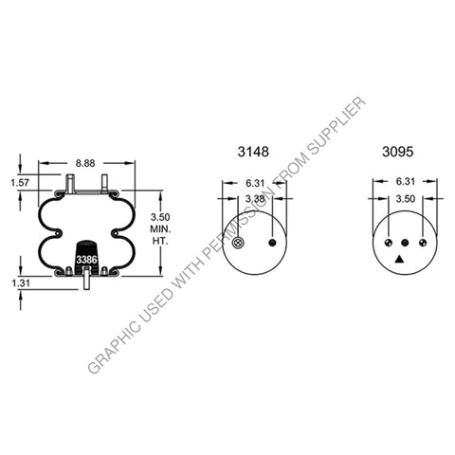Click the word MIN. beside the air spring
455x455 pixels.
click(160, 229)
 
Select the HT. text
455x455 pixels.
click(160, 244)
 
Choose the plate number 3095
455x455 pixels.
click(397, 151)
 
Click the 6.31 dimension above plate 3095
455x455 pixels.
click(404, 183)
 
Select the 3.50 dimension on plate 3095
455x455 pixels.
click(404, 198)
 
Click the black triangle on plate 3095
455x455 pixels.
click(400, 258)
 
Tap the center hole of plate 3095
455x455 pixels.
click(405, 243)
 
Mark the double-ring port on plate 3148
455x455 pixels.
click(237, 245)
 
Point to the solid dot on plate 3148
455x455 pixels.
click(273, 243)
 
